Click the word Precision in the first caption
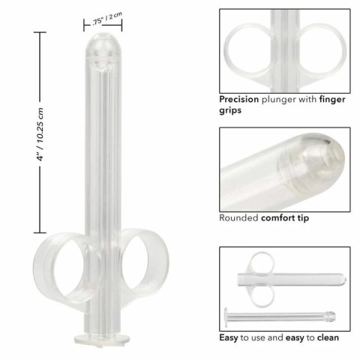240,97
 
